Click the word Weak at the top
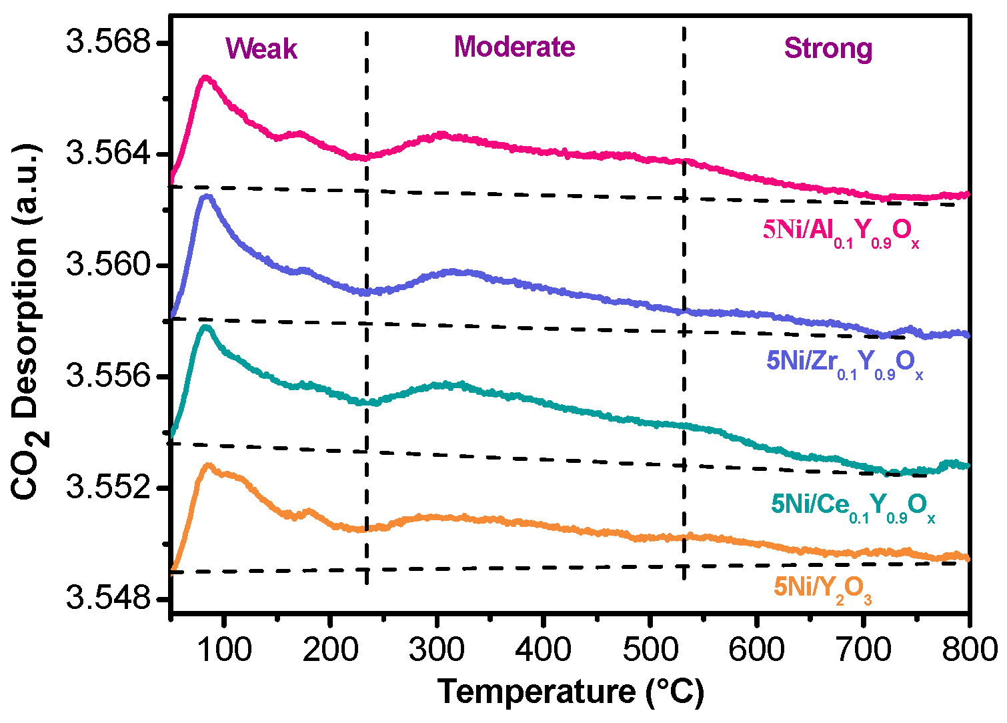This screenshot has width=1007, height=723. (261, 49)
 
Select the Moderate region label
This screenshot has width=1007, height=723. (514, 47)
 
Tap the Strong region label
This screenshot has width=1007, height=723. (828, 49)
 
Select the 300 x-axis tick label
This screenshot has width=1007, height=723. (437, 649)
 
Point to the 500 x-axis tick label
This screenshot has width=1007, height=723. (650, 649)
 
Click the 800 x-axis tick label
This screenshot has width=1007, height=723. (968, 649)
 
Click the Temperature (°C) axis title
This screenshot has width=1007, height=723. (571, 692)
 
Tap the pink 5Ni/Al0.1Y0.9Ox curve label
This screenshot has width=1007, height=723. (841, 231)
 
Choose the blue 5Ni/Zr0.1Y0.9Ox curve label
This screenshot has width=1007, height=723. (845, 363)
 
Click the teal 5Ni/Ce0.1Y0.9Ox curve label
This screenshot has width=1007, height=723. (853, 506)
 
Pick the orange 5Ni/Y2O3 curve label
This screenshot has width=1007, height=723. (822, 588)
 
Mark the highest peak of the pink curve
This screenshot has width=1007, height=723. (205, 78)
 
